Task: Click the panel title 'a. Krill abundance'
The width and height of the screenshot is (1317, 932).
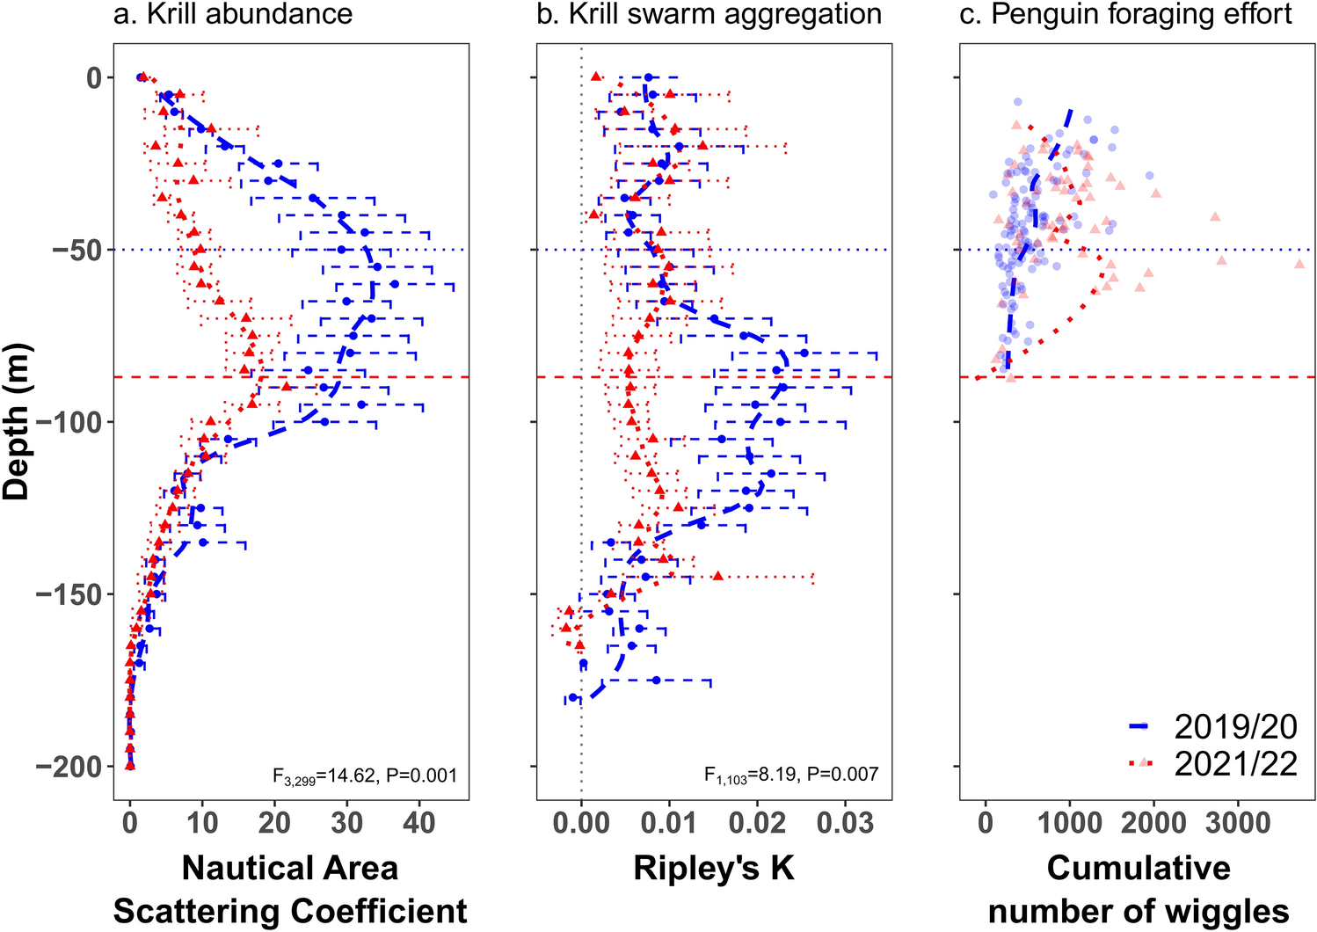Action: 233,14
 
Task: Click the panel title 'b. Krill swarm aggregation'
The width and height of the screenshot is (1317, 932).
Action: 709,14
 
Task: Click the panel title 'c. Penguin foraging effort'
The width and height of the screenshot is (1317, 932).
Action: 1125,14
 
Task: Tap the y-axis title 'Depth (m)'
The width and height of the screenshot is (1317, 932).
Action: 17,422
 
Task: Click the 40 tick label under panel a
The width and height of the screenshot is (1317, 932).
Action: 418,824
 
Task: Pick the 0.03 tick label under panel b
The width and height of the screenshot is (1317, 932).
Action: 845,824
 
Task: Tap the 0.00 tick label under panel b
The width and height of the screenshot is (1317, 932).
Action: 581,824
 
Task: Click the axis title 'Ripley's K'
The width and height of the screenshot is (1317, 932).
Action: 714,868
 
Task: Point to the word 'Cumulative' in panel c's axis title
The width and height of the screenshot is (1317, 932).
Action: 1139,868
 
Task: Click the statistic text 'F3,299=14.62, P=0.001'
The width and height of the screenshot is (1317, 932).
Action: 365,775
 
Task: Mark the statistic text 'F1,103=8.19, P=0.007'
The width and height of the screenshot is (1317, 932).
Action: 790,775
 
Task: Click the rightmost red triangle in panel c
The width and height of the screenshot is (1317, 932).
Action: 1299,264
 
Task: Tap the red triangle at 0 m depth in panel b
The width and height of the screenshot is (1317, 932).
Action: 596,77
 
